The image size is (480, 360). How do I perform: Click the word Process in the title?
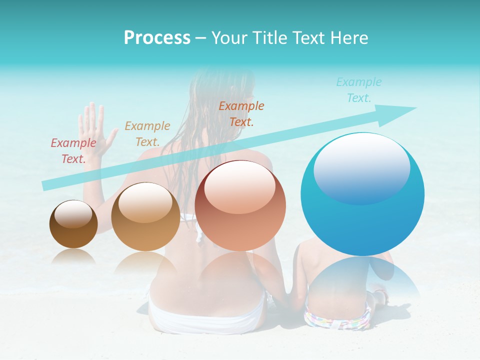157,38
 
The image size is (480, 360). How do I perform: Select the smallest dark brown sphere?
73,224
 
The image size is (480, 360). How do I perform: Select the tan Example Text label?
147,134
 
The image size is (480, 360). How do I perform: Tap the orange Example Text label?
241,113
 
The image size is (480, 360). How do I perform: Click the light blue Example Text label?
359,90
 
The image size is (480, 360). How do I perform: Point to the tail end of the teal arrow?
45,186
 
